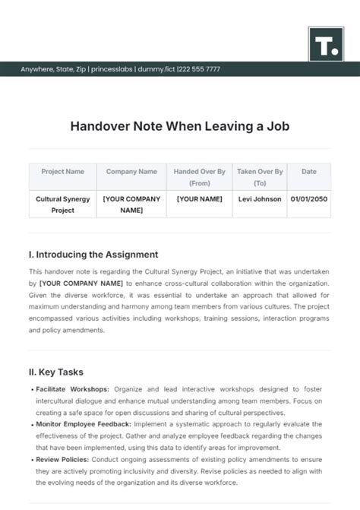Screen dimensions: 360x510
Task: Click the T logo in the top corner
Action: (327, 45)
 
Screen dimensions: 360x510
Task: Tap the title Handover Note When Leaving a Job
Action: (180, 126)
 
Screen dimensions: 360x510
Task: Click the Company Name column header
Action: (131, 172)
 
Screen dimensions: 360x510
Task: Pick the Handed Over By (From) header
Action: (199, 177)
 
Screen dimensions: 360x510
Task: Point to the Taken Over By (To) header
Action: (259, 177)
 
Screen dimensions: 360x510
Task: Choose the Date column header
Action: (308, 172)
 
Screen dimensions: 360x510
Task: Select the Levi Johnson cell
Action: (259, 199)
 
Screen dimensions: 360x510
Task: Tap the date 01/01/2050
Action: (308, 199)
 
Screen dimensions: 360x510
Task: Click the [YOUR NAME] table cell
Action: (199, 199)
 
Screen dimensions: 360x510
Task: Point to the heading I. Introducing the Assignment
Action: (93, 255)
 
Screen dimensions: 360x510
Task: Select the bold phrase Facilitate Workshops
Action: (72, 389)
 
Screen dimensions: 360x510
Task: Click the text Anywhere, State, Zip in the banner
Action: (53, 69)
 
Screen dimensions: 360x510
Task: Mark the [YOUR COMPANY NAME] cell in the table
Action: (131, 204)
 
